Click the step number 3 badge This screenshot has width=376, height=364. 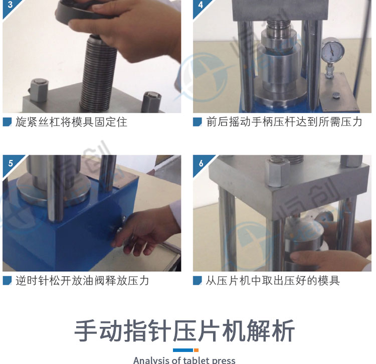tap(9, 6)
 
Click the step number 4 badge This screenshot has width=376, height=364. tap(200, 6)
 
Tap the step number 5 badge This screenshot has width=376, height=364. tap(10, 164)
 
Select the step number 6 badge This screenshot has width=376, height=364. tap(200, 164)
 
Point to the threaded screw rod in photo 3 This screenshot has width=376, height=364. tap(98, 73)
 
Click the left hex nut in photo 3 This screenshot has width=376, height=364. tap(39, 90)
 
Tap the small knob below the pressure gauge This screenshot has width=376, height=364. tap(336, 96)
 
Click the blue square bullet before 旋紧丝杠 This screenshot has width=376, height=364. tap(7, 122)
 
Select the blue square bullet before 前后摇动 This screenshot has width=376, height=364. tap(198, 122)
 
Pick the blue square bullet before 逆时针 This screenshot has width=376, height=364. tap(7, 280)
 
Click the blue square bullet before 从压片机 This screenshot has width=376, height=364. tap(198, 280)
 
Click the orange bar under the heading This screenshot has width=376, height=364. tap(196, 350)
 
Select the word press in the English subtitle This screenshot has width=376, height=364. tap(224, 360)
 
